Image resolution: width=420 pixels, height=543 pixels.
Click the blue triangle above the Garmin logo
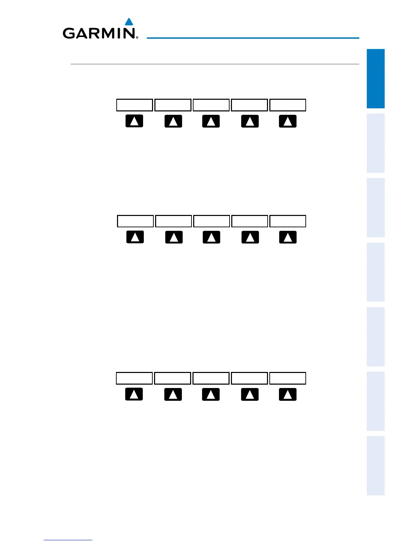[129, 22]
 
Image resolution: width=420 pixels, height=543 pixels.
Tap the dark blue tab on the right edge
[375, 79]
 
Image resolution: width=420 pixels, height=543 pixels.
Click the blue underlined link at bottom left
[68, 540]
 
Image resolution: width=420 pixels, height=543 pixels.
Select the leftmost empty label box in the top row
[135, 105]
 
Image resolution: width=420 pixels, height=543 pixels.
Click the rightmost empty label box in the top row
[288, 105]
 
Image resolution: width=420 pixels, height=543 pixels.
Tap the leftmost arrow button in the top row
[135, 121]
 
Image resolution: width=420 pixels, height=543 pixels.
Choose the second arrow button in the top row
[173, 121]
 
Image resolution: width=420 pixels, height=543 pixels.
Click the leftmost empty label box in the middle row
[135, 221]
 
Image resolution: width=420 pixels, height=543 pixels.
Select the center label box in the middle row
[211, 221]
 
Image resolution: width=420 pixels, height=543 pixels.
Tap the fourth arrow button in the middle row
[250, 237]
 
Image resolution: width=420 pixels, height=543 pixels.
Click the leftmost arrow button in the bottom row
[134, 394]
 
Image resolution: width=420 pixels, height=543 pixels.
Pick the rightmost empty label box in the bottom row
[288, 378]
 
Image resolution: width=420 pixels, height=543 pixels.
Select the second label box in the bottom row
[173, 378]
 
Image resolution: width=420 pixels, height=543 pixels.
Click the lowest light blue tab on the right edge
[375, 466]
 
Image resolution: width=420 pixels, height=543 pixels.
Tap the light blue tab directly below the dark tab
[375, 143]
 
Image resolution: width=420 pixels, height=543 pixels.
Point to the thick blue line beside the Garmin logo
[253, 38]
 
